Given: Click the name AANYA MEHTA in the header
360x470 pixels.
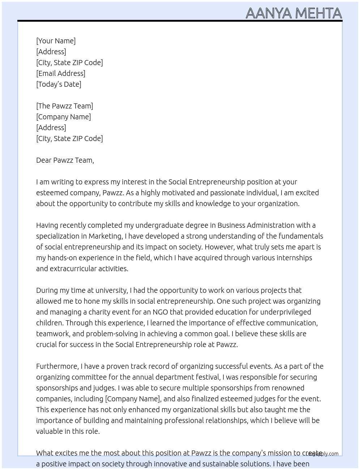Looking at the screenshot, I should [293, 13].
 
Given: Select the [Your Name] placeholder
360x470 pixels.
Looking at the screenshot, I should [56, 41].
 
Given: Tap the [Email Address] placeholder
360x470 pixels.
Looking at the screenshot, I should [61, 73].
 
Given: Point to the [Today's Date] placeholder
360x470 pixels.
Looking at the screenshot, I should [59, 84].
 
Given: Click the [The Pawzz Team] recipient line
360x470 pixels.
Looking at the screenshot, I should [64, 106].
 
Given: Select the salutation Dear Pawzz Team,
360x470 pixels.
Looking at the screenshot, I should [65, 160].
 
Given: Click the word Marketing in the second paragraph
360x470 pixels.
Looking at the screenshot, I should [105, 236].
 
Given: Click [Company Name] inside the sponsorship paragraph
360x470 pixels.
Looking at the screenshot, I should [132, 399].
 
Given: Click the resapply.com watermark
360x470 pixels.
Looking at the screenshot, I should [323, 454].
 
